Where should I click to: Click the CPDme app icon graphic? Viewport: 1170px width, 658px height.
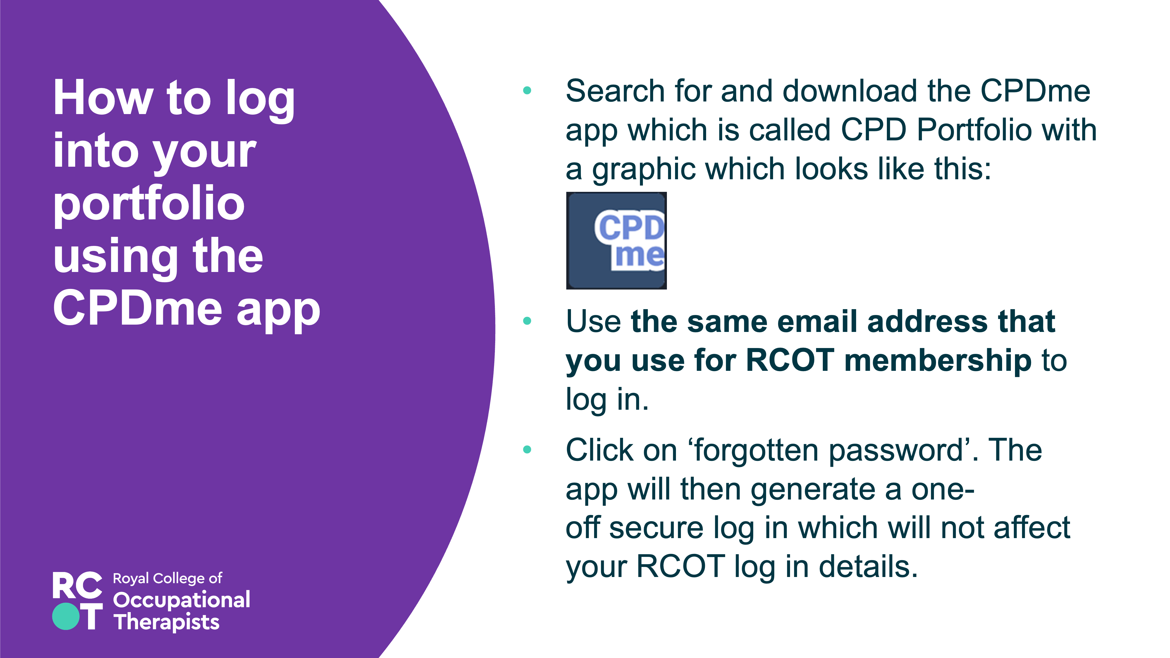point(616,241)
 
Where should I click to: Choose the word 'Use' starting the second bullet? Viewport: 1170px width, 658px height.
point(593,321)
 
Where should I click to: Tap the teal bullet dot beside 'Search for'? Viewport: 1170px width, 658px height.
point(527,90)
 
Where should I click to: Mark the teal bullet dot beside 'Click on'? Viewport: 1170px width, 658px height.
point(527,449)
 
